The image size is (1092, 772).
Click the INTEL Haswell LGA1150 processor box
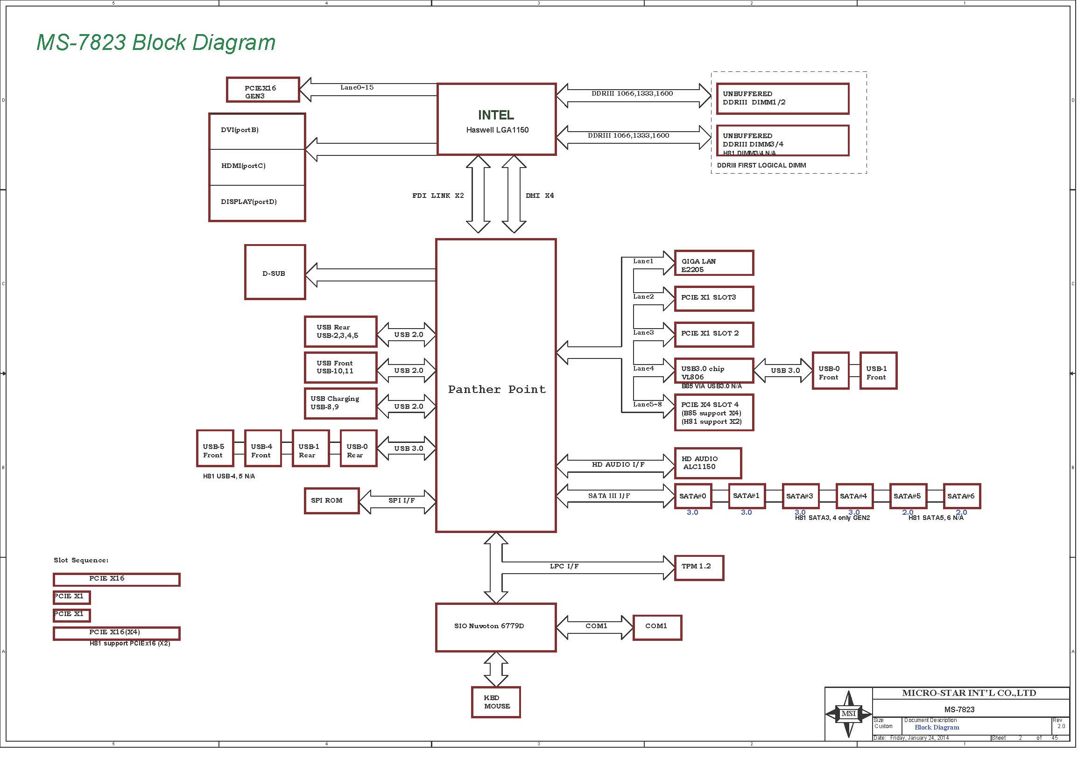click(497, 119)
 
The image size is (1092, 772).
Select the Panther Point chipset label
click(497, 389)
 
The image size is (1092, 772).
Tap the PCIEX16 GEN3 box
click(263, 90)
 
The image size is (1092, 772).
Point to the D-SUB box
click(275, 273)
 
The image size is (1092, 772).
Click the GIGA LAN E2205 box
click(714, 263)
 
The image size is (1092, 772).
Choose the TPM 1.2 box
click(699, 568)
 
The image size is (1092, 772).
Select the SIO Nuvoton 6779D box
click(496, 627)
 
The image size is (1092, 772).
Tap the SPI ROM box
click(331, 500)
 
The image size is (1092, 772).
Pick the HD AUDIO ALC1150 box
click(708, 463)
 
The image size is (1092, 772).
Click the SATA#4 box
click(854, 496)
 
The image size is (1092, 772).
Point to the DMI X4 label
click(539, 196)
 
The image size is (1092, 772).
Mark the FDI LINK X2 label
click(437, 196)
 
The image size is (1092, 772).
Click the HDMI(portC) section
click(257, 167)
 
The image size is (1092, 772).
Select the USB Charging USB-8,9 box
click(340, 403)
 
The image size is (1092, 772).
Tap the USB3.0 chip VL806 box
click(714, 371)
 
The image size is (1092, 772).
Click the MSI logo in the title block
click(848, 714)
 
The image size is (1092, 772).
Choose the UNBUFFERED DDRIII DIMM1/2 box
click(782, 99)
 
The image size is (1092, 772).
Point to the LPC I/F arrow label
click(564, 566)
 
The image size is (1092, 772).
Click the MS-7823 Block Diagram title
click(156, 42)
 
